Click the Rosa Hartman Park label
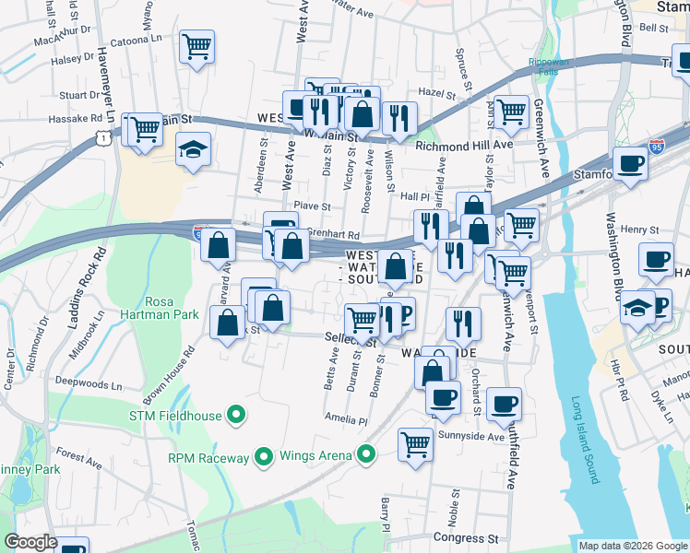[172, 308]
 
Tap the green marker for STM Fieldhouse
[236, 416]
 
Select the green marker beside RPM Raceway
[263, 456]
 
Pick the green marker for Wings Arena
[366, 454]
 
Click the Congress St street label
[465, 537]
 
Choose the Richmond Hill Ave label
[463, 146]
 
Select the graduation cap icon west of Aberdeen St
[193, 150]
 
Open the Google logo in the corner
[30, 541]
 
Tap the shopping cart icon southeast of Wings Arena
[416, 445]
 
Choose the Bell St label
[653, 29]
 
